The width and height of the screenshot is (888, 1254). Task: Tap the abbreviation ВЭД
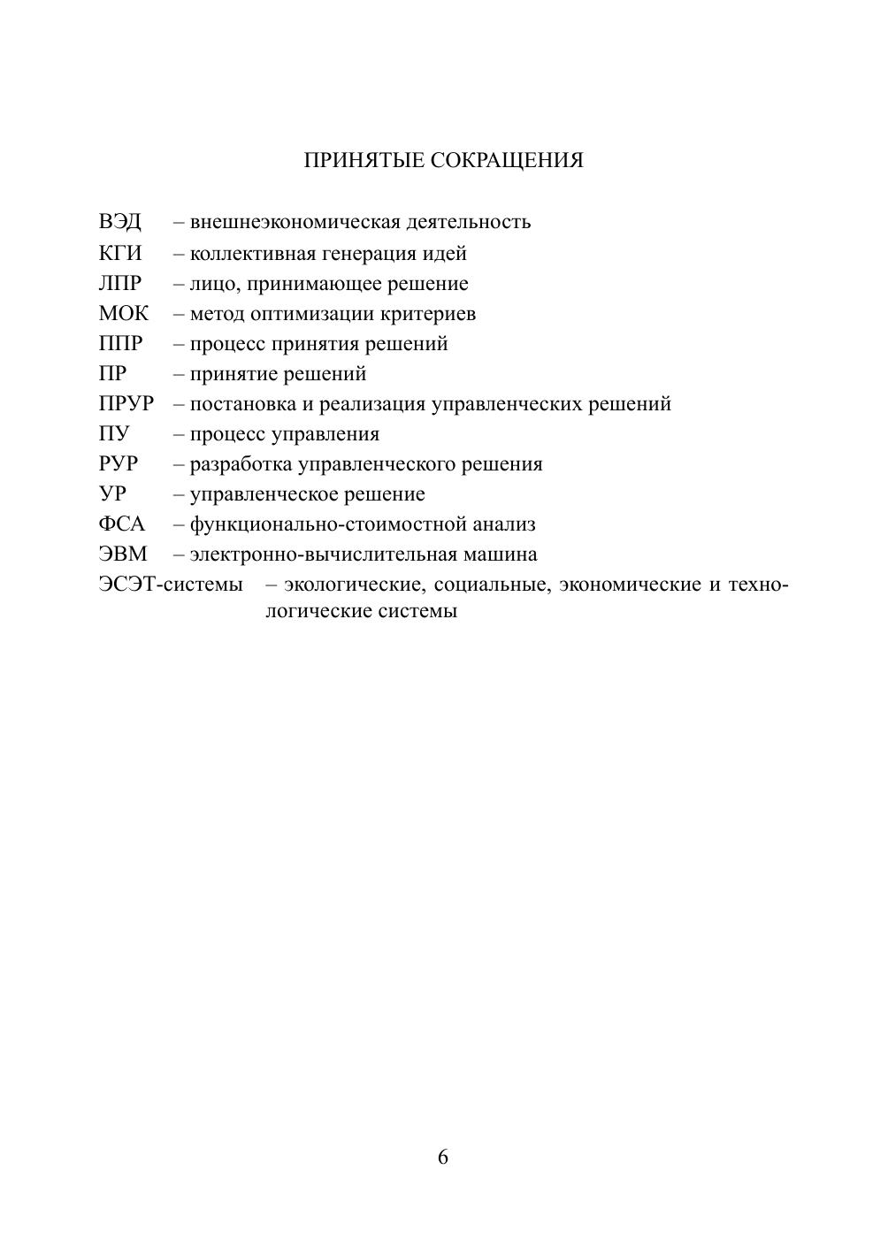click(x=119, y=222)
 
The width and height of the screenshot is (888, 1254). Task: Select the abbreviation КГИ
click(x=120, y=254)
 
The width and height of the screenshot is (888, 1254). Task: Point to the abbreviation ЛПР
click(x=120, y=284)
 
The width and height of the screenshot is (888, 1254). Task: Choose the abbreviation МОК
click(x=124, y=314)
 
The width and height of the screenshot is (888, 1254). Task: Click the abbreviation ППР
click(x=120, y=344)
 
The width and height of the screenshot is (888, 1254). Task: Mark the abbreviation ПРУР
click(x=126, y=404)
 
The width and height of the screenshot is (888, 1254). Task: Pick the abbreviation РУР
click(x=119, y=464)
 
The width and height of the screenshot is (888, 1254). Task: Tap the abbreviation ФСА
click(x=122, y=524)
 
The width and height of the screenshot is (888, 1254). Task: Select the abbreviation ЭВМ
click(x=123, y=554)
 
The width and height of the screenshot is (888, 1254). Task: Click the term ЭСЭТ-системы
click(x=171, y=585)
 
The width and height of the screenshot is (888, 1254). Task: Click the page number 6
click(x=443, y=1157)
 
